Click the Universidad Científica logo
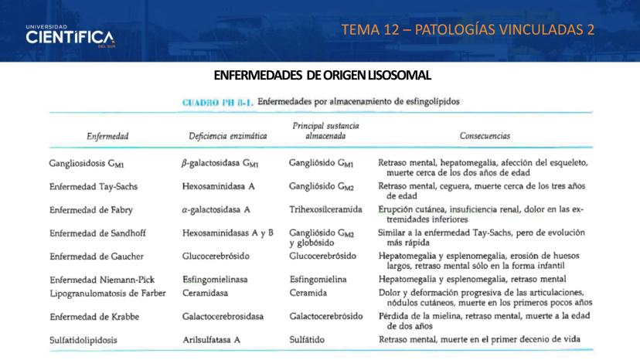coord(70,36)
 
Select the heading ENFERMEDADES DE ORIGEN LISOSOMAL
coord(322,75)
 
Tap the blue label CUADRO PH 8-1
coord(216,101)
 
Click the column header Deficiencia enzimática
coord(228,136)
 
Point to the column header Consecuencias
coord(485,136)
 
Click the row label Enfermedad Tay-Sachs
coord(94,187)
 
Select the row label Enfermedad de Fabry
coord(93,209)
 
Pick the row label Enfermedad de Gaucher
coord(96,256)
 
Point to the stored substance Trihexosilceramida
coord(325,209)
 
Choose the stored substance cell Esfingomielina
coord(318,279)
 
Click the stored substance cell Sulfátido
coord(308,340)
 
